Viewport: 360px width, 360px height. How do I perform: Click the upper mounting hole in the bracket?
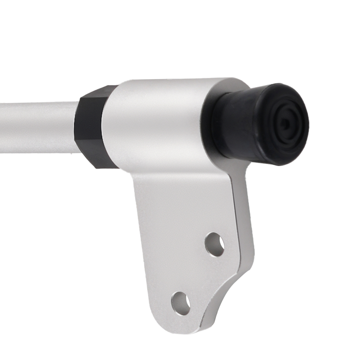pyautogui.click(x=215, y=244)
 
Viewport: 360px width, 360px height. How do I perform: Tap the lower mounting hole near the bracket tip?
pyautogui.click(x=181, y=303)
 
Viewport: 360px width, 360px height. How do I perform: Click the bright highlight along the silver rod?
pyautogui.click(x=36, y=108)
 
